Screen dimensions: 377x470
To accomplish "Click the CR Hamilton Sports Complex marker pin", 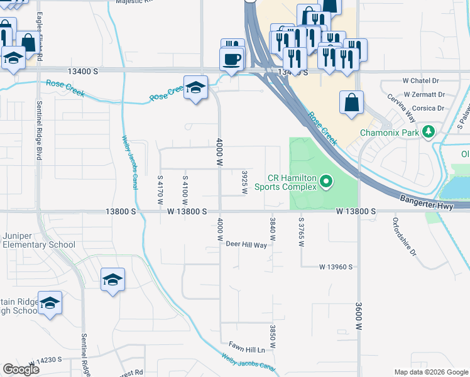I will click(x=326, y=182).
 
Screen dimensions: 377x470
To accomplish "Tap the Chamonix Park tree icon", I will click(x=429, y=132).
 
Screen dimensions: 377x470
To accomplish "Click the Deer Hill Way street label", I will click(x=246, y=244).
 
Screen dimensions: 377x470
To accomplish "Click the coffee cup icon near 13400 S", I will click(x=232, y=59).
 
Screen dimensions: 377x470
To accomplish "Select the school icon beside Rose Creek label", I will click(x=195, y=88).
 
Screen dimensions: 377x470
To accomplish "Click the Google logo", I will click(x=21, y=369).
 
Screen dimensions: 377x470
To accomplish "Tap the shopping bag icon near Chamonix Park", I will click(x=351, y=102).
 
